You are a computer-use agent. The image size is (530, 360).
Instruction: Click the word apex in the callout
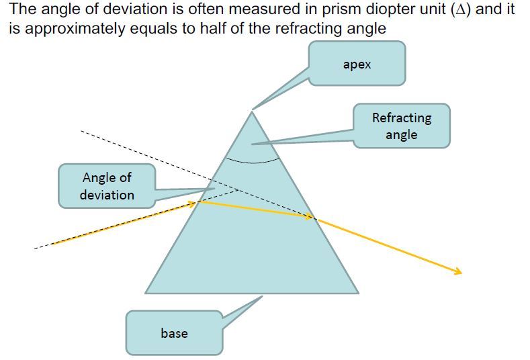(357, 65)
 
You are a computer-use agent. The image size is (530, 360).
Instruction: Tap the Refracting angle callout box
(402, 126)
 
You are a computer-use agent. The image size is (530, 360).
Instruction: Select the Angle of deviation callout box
(107, 186)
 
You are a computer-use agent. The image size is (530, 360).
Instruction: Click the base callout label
(174, 332)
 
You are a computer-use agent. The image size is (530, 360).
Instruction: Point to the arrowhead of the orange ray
(459, 272)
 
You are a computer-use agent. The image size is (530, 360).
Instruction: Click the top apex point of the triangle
(252, 111)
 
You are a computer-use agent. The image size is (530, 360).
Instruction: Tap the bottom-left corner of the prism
(146, 293)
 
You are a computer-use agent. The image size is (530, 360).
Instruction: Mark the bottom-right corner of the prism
(358, 293)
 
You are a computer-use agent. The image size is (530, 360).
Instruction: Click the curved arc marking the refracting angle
(252, 162)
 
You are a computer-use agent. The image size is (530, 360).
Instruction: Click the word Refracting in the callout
(402, 118)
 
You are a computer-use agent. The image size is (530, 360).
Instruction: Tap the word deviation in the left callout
(107, 195)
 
